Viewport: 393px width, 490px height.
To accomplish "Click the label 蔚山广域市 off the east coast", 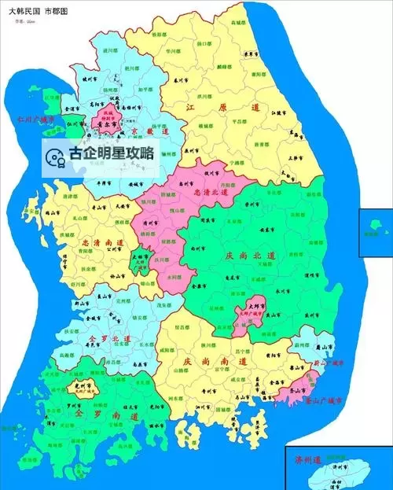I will pos(329,364).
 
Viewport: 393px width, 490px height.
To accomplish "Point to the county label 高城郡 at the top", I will pos(237,25).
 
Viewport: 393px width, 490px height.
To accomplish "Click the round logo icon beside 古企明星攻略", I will pos(54,155).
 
